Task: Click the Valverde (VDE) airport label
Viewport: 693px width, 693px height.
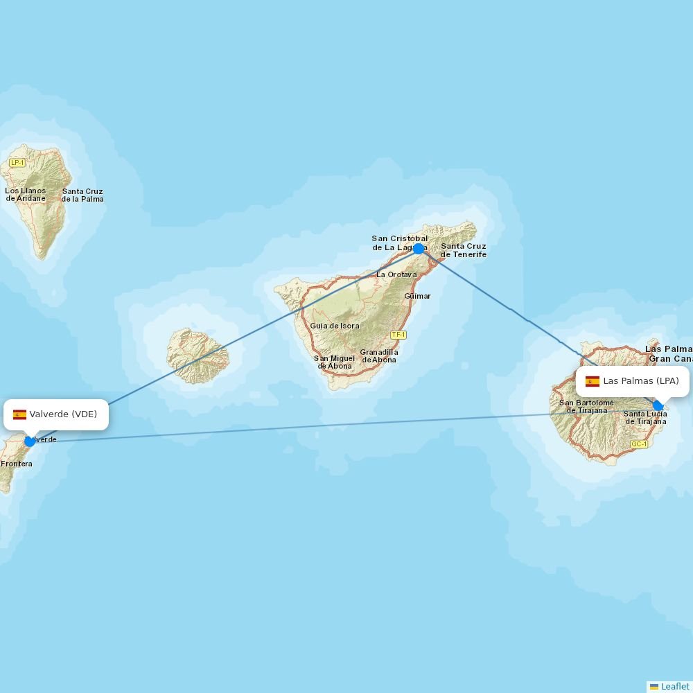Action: point(63,414)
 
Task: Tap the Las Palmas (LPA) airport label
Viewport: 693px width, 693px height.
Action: point(641,380)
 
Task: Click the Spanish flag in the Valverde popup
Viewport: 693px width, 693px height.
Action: point(19,414)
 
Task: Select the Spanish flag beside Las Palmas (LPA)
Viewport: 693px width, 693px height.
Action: point(592,381)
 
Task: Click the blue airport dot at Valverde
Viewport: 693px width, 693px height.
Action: point(29,441)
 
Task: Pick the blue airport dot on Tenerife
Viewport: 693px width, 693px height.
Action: point(419,249)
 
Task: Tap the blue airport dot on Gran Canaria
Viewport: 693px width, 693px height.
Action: point(658,406)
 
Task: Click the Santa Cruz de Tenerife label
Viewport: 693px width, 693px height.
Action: point(464,250)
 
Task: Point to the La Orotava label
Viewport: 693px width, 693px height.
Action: point(396,274)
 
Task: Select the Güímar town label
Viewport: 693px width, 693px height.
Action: point(417,296)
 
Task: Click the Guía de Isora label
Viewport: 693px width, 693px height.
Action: point(335,326)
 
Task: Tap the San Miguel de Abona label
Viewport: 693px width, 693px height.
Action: point(335,362)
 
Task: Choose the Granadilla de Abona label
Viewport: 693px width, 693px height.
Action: point(378,356)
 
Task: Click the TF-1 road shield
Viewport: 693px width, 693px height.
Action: point(398,335)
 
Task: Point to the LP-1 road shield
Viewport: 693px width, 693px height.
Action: point(17,163)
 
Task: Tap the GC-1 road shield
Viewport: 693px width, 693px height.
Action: point(638,444)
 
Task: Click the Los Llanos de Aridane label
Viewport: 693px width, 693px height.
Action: point(26,195)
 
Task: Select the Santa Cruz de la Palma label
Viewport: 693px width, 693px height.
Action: point(82,195)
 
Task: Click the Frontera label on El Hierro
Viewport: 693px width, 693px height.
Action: point(16,464)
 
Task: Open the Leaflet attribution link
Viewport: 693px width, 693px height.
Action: point(674,686)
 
